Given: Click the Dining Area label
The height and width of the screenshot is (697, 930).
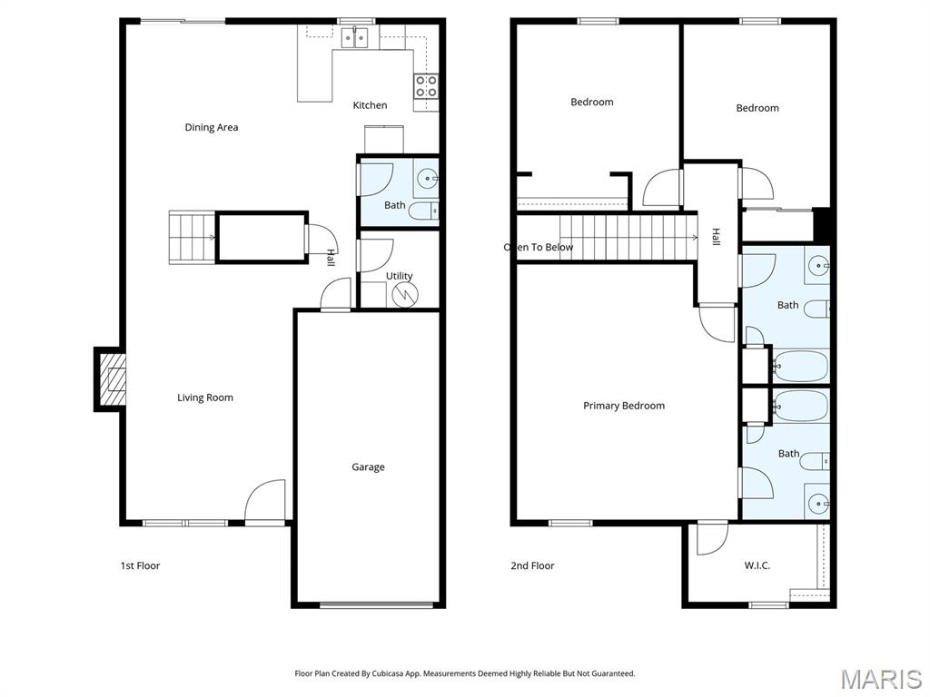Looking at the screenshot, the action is [x=211, y=127].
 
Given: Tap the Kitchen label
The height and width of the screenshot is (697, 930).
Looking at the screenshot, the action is [x=370, y=105].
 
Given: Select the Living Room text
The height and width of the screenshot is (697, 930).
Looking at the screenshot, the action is [x=205, y=398].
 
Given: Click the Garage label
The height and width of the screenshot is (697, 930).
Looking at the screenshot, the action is [x=368, y=466].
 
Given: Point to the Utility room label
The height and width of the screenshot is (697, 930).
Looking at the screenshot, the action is [x=400, y=276].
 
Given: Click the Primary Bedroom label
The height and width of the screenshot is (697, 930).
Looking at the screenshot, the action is [x=624, y=406].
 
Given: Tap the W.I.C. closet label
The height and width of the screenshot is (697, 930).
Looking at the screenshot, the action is [x=757, y=565].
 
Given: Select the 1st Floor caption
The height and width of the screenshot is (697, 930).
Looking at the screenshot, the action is [x=140, y=565].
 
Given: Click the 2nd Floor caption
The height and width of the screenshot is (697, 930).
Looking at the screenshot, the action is [x=532, y=565].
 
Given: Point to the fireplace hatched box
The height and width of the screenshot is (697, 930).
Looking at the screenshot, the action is [x=112, y=379].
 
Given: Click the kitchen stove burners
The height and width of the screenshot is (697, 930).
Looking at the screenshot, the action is [x=426, y=86].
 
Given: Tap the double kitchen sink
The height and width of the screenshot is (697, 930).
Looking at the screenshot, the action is [x=354, y=36].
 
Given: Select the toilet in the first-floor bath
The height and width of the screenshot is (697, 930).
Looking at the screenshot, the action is [x=424, y=211].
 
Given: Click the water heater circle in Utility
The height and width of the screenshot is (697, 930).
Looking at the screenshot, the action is [x=405, y=294].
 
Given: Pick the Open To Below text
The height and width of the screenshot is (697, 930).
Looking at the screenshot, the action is [x=539, y=247].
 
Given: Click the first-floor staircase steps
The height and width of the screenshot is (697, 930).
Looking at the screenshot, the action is [x=193, y=237].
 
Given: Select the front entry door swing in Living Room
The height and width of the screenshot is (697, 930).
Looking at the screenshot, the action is [x=265, y=501].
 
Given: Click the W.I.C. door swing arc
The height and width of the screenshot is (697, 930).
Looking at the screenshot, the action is [x=713, y=538].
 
